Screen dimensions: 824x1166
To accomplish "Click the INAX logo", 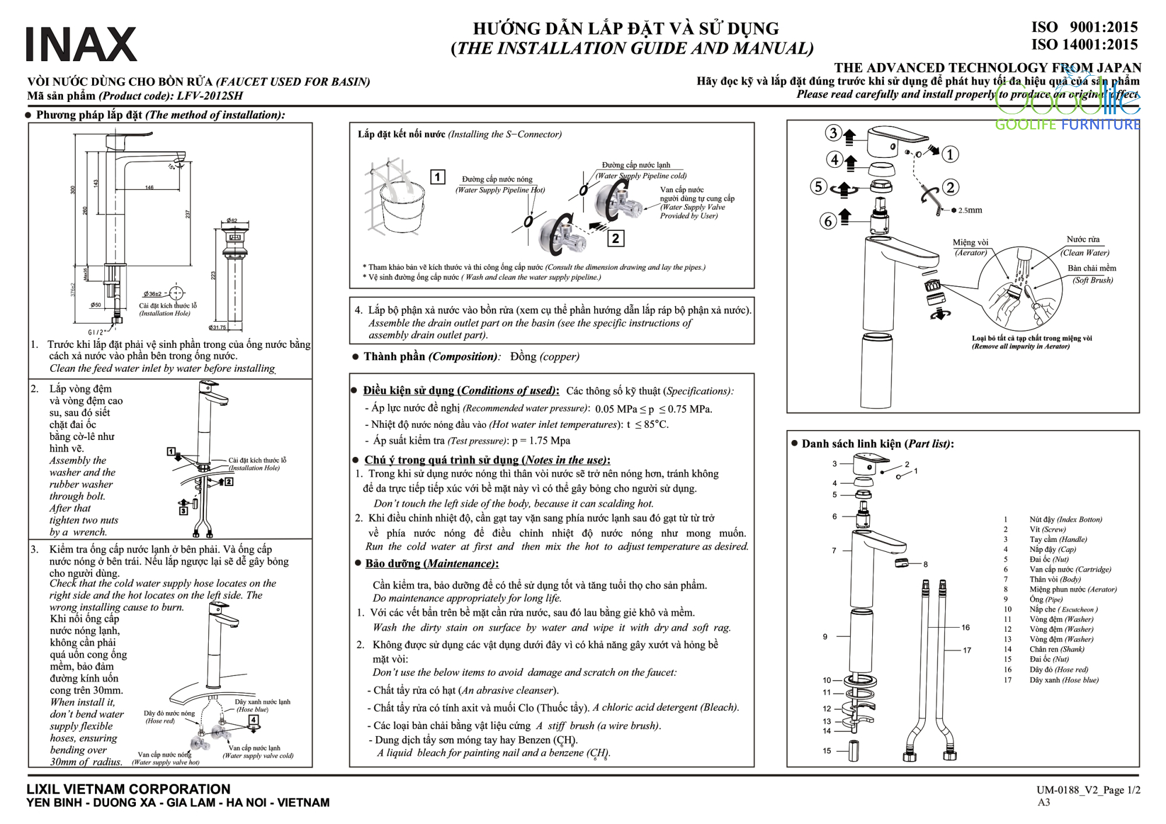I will click(82, 44).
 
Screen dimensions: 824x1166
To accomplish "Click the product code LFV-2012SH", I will click(209, 96).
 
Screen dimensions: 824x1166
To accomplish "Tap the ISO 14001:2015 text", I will click(1084, 45).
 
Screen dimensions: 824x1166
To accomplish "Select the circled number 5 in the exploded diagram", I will click(819, 186).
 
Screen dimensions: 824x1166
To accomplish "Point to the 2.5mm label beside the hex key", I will click(970, 210).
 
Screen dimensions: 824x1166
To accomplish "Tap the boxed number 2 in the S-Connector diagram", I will click(615, 238).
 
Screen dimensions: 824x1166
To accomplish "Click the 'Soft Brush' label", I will click(1093, 280).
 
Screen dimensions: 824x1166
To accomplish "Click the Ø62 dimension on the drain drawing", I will click(232, 221).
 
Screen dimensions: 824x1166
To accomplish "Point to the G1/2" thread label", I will click(96, 332).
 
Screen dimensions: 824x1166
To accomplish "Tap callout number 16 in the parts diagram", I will click(966, 628).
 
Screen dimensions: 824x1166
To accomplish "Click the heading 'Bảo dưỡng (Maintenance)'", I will click(431, 564).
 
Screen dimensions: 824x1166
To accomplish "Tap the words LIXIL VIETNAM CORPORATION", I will click(128, 789).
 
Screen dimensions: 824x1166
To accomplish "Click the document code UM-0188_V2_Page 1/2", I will click(1088, 790).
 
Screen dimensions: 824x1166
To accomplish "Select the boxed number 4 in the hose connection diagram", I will click(254, 720).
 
